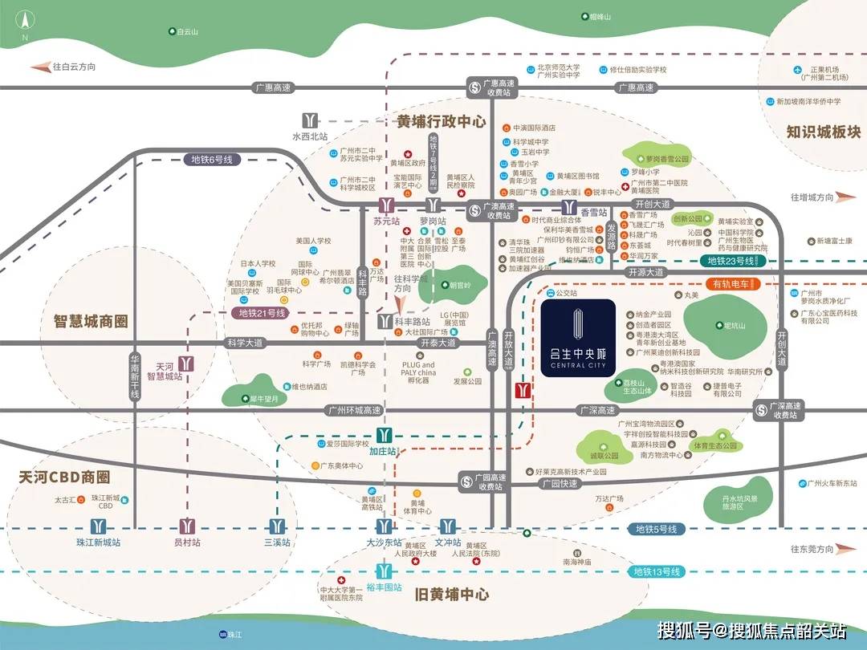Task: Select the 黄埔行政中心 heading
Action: [x=441, y=122]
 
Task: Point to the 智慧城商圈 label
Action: [x=86, y=321]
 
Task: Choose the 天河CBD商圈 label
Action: [x=64, y=477]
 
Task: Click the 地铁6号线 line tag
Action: [x=211, y=160]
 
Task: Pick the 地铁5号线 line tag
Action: [x=656, y=529]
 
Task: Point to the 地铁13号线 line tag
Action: [x=656, y=571]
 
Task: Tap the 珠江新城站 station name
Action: [x=98, y=543]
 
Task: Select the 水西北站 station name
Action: [x=310, y=136]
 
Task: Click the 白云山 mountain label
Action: [x=185, y=31]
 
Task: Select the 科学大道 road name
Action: [x=245, y=343]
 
